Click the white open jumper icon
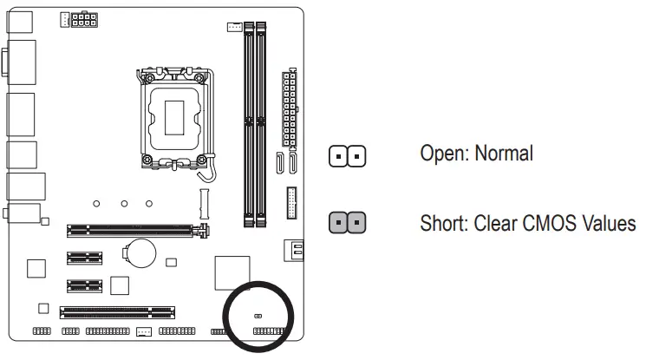click(x=348, y=157)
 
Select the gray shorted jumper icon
click(x=348, y=223)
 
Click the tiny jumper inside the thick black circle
click(x=258, y=317)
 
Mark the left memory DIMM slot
click(x=248, y=121)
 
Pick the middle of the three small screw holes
click(x=124, y=205)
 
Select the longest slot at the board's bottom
click(x=117, y=311)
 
